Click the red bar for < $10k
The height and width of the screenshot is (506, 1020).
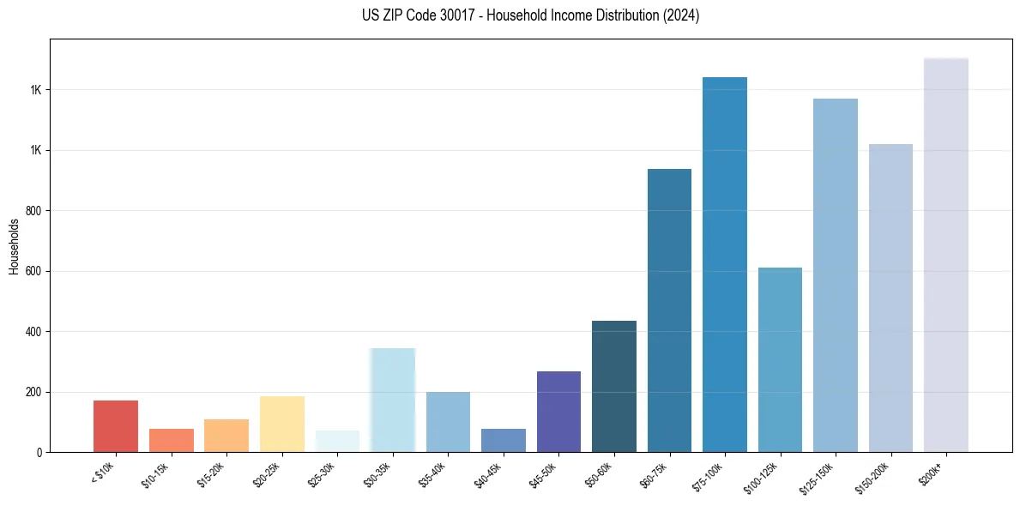(116, 426)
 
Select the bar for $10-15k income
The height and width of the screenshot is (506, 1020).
(172, 440)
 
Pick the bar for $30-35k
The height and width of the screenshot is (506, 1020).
(393, 400)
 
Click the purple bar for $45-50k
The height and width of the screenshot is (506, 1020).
(558, 412)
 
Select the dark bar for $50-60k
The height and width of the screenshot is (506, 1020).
(614, 386)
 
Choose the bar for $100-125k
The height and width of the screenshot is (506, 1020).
(780, 359)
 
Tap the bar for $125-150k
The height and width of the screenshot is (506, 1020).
(836, 275)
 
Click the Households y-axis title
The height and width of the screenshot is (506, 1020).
(14, 246)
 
